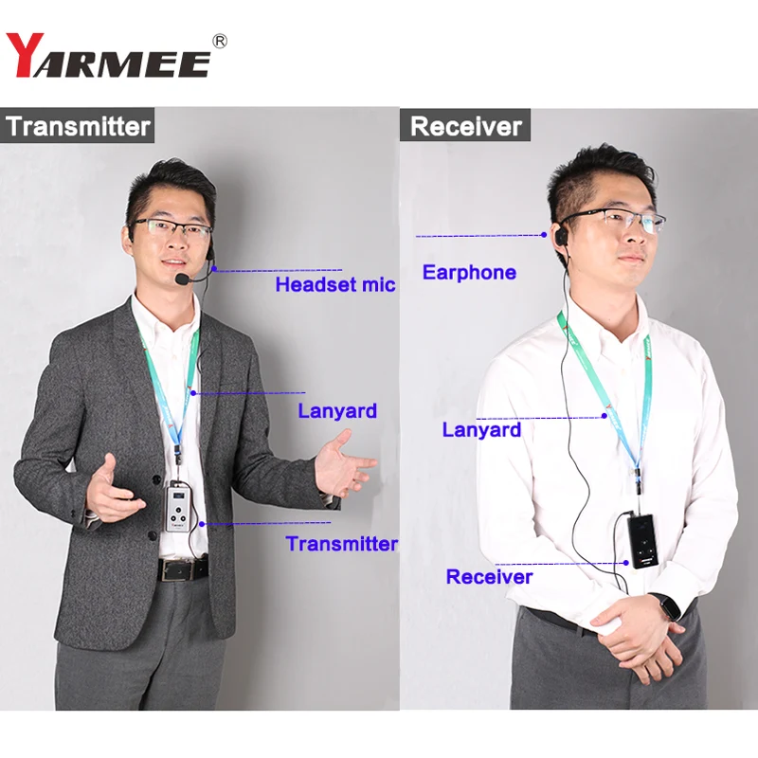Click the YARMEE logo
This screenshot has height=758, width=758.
108,55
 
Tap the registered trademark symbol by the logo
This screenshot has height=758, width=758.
220,41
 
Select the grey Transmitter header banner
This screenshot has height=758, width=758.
78,126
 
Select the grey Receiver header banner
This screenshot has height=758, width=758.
466,126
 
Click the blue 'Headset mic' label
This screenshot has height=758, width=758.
335,284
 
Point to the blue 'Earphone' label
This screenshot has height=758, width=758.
469,273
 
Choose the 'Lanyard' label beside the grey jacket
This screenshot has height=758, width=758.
337,411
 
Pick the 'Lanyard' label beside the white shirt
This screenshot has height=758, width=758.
481,430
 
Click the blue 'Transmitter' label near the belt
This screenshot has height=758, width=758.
341,544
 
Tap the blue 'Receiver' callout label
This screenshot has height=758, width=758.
489,577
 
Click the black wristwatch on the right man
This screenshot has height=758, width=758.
670,606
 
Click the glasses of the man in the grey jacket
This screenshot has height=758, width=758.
171,228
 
